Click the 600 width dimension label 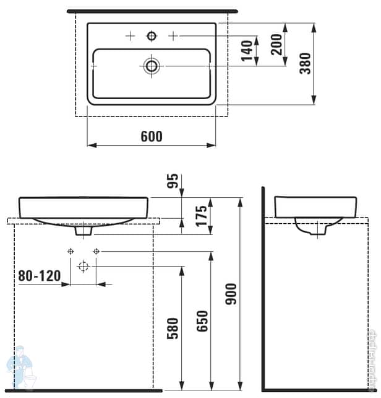(152, 137)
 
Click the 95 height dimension (174, 181)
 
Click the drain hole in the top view (152, 65)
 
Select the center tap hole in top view (152, 36)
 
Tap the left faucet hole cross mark (130, 36)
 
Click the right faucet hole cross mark (173, 36)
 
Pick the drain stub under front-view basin (83, 231)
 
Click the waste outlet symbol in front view (83, 266)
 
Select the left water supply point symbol (71, 251)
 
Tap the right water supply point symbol (96, 251)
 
